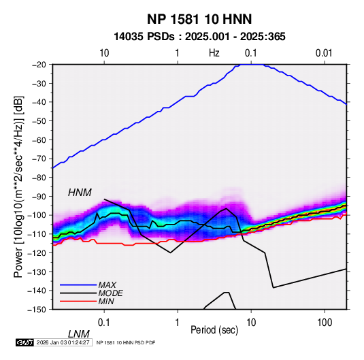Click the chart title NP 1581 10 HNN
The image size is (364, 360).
click(199, 19)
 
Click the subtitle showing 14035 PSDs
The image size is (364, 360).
click(199, 37)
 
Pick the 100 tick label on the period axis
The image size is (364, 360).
click(325, 323)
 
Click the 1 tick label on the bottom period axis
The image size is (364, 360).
click(178, 323)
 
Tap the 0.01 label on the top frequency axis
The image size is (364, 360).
click(324, 53)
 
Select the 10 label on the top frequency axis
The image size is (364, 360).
click(104, 53)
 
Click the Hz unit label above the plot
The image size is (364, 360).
click(214, 53)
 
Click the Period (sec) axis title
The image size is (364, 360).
click(214, 330)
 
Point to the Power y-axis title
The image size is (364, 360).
click(18, 186)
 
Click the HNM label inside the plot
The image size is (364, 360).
click(80, 193)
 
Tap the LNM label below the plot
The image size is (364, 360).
click(79, 334)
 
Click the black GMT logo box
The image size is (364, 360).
click(24, 342)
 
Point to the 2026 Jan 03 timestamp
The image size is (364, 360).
click(63, 342)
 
